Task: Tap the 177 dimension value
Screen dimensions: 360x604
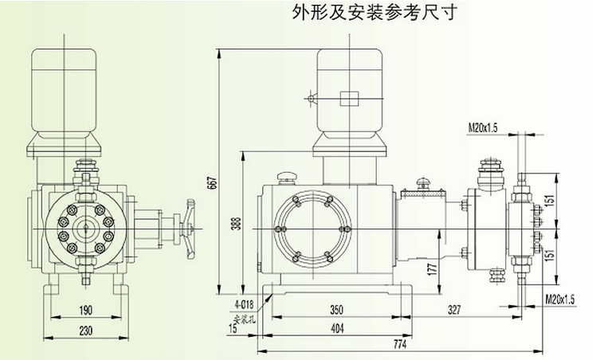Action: point(432,269)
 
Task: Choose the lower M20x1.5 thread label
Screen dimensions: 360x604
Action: point(561,299)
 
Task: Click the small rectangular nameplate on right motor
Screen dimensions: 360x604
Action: point(349,98)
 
